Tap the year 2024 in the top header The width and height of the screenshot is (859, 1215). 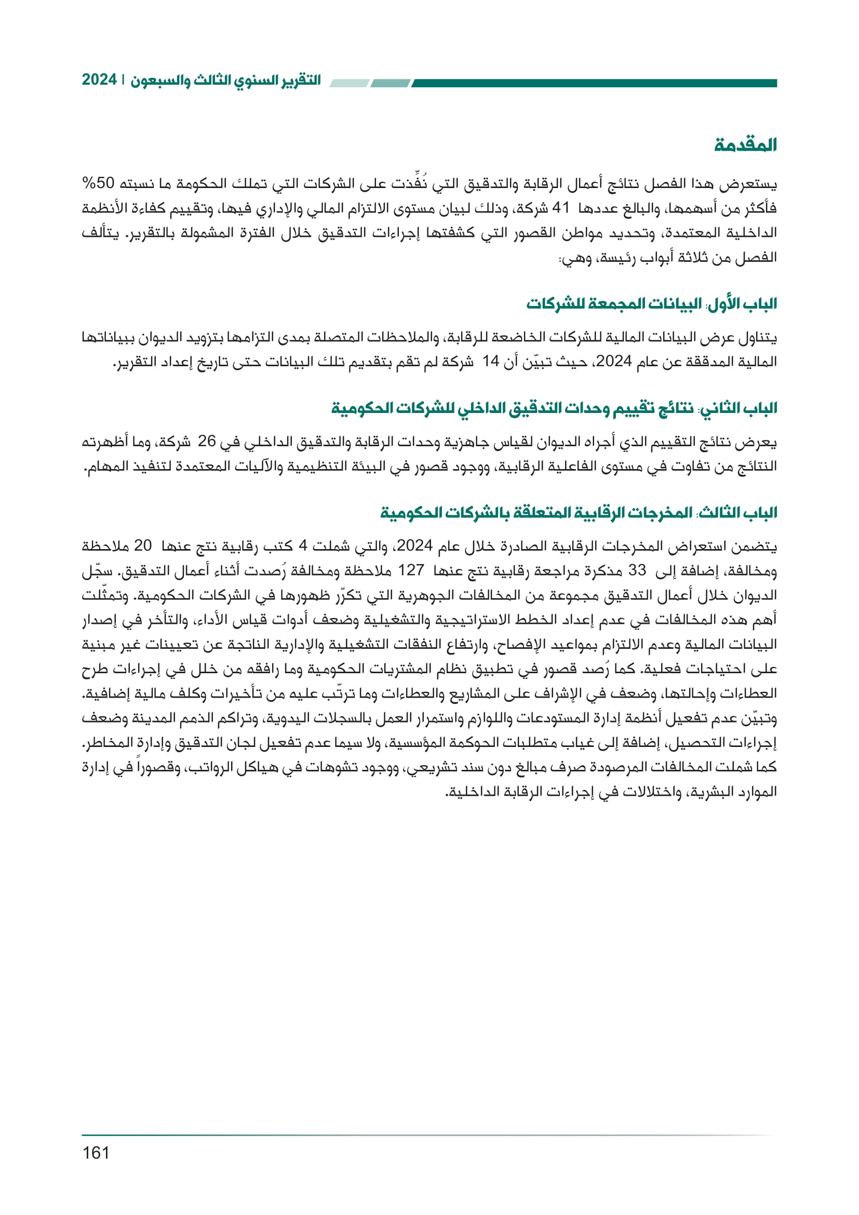(x=99, y=80)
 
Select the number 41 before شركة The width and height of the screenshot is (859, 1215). (x=560, y=208)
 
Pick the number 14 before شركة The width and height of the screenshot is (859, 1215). (x=490, y=362)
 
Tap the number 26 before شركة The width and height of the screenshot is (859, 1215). (x=207, y=442)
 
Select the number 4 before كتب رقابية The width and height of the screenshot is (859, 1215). (x=303, y=545)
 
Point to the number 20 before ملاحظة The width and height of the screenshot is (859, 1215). (x=143, y=545)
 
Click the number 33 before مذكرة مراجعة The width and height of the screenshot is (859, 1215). (x=637, y=570)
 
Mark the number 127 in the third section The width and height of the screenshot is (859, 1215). (x=411, y=570)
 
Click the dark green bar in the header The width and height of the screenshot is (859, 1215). (x=593, y=83)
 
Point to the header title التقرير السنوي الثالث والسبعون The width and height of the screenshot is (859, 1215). (x=226, y=81)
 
